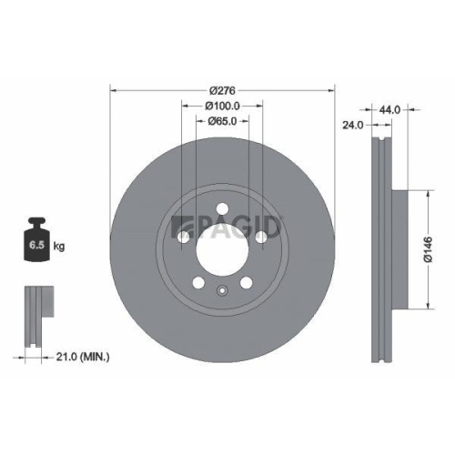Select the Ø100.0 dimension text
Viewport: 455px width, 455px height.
click(223, 106)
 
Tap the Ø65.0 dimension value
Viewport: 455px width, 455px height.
click(223, 121)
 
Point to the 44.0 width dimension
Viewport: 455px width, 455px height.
click(389, 109)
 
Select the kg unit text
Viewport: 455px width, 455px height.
click(59, 247)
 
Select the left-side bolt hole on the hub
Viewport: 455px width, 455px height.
click(185, 236)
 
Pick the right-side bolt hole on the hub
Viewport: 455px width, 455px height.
click(261, 236)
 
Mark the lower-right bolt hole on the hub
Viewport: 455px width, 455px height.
click(247, 280)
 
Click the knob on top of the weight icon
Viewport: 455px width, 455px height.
click(36, 221)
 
